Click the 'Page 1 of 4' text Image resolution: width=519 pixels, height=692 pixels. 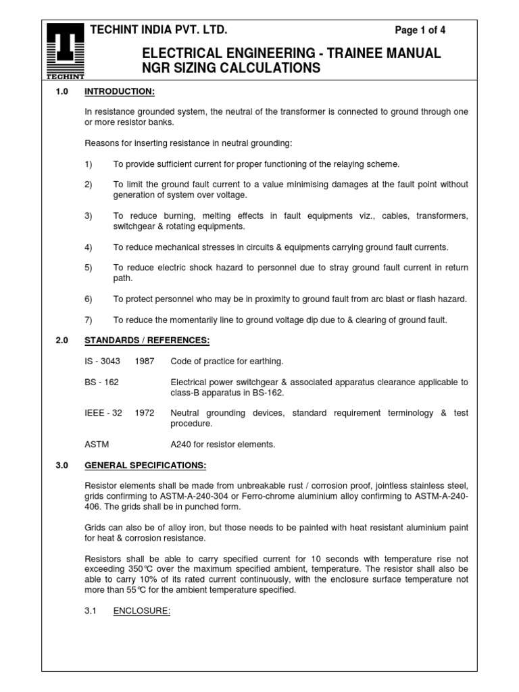point(420,30)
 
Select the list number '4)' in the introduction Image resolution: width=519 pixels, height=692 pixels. point(88,247)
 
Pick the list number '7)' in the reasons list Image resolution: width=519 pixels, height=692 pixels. point(88,320)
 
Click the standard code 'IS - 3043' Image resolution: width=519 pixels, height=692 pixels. point(102,362)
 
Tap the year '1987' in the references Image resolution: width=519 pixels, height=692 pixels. point(144,362)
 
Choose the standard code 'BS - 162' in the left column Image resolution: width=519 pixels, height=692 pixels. point(101,382)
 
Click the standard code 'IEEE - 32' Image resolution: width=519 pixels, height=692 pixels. point(103,414)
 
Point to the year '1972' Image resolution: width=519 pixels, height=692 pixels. point(144,414)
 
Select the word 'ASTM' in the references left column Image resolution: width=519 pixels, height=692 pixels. point(97,445)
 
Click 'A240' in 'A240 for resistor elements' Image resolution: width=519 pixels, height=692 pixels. point(182,445)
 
